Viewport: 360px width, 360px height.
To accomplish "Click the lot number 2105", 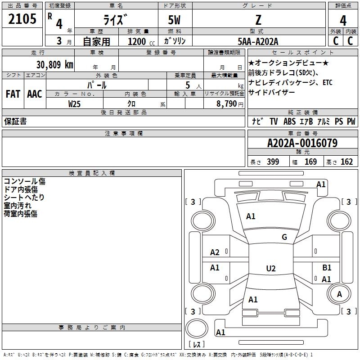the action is click(x=22, y=19).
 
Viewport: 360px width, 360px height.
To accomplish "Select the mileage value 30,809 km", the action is click(x=54, y=65).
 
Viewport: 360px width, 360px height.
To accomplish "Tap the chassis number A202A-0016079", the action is click(x=302, y=143).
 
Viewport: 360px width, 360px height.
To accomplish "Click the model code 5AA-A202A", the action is click(x=258, y=41).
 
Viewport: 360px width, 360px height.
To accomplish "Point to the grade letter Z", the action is click(x=258, y=20).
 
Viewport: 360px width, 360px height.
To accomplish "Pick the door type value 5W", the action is click(x=174, y=20).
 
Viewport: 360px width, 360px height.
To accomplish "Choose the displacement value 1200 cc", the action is click(x=141, y=41).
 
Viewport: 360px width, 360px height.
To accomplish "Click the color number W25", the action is click(x=74, y=104).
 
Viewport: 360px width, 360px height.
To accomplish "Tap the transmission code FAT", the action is click(x=13, y=94).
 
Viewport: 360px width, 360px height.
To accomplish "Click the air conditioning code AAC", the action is click(x=35, y=94).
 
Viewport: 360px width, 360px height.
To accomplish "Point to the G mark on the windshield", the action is click(x=284, y=237).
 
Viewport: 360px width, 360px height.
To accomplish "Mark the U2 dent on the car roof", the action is click(x=271, y=268).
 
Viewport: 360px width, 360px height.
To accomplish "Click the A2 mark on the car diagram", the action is click(x=215, y=252).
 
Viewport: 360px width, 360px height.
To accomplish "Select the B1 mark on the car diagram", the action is click(x=327, y=267).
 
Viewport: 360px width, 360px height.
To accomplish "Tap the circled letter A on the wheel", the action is click(x=339, y=294).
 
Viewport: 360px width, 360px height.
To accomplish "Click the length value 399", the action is click(x=273, y=162).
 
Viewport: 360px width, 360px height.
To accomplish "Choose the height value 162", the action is click(x=346, y=162).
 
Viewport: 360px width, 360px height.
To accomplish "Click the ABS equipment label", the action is click(x=289, y=121).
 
